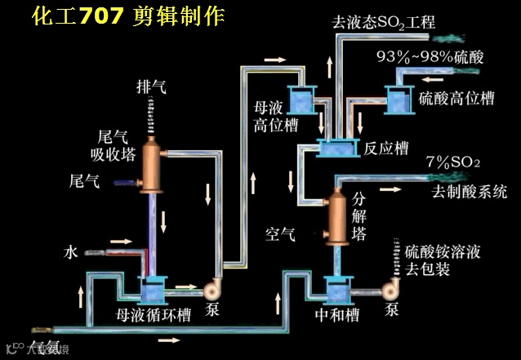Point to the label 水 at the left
(x=71, y=252)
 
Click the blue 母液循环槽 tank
(x=153, y=288)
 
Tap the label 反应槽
(x=386, y=149)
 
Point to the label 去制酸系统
(x=470, y=193)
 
